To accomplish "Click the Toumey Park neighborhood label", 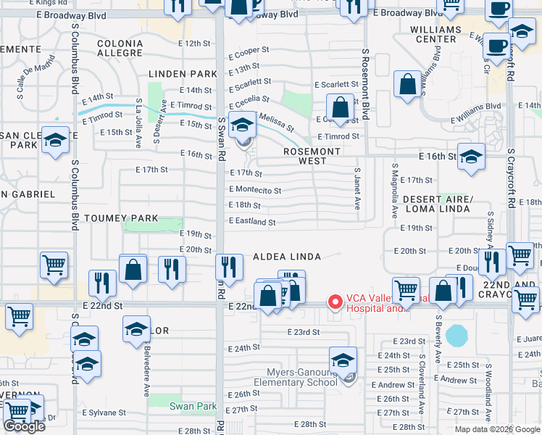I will (x=111, y=217).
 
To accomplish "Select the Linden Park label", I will (x=183, y=74).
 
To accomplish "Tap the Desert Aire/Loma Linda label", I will (x=438, y=204).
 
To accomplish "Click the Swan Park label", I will (x=193, y=407).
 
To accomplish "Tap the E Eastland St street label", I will (x=252, y=223).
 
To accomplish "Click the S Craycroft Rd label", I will (x=511, y=172).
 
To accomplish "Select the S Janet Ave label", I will (x=357, y=188).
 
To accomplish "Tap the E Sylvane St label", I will (x=104, y=413).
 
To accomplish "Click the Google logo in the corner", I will (x=24, y=426).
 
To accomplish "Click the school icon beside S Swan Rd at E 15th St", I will (x=242, y=125).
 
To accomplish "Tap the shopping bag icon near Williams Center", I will (x=408, y=83).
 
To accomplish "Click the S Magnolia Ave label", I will (x=395, y=198).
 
